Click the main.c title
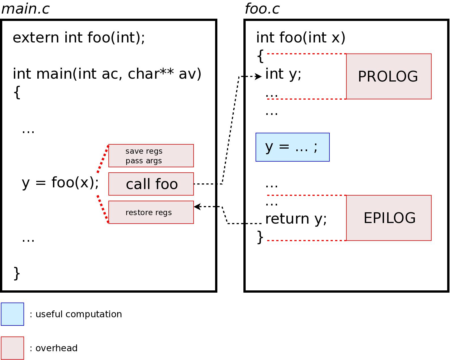point(25,8)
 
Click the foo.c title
point(262,8)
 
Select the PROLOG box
point(389,76)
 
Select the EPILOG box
point(389,218)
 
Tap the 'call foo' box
point(151,184)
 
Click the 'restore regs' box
point(151,212)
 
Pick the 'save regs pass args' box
point(151,156)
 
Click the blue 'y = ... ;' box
point(292,147)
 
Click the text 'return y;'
point(296,218)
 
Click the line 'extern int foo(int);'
point(79,37)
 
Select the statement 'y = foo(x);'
point(60,182)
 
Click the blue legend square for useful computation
point(12,314)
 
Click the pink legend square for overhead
point(12,348)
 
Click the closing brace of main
point(17,273)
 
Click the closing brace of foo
point(260,237)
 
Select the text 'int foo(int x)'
point(301,37)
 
